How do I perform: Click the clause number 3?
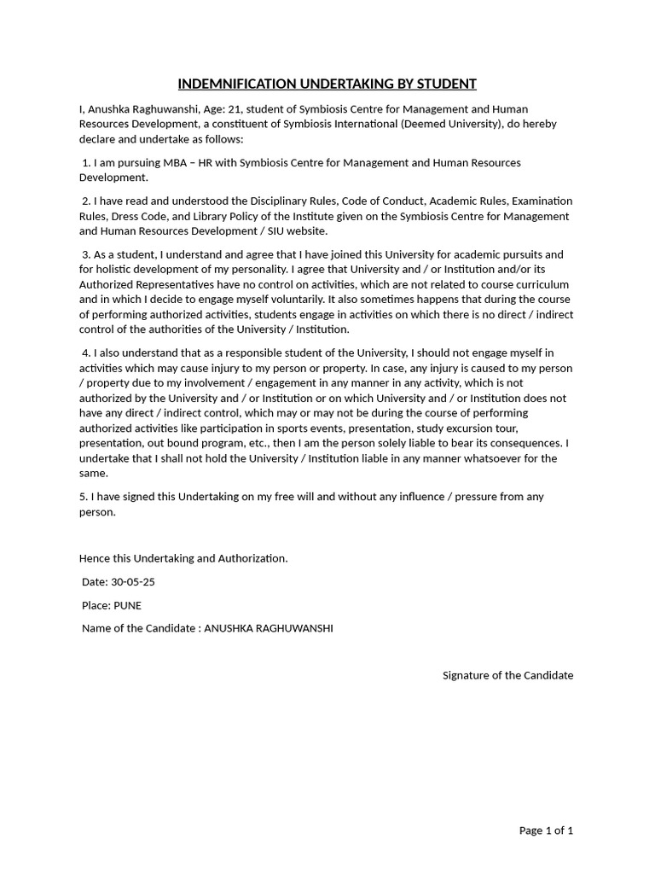pyautogui.click(x=85, y=254)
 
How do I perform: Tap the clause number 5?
pyautogui.click(x=83, y=497)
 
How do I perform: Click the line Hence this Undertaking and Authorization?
pyautogui.click(x=183, y=558)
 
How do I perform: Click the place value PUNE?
pyautogui.click(x=128, y=605)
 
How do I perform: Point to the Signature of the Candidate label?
pyautogui.click(x=507, y=675)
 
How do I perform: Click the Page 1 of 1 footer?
pyautogui.click(x=546, y=830)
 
